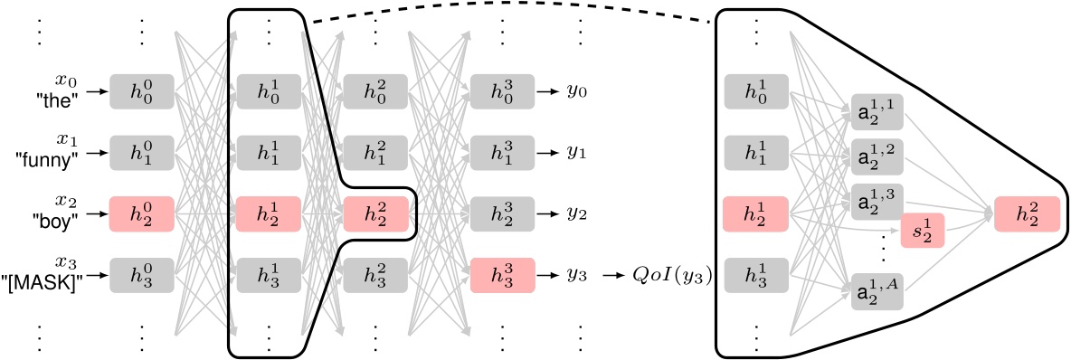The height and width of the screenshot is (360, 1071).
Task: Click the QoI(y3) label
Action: (x=670, y=274)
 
